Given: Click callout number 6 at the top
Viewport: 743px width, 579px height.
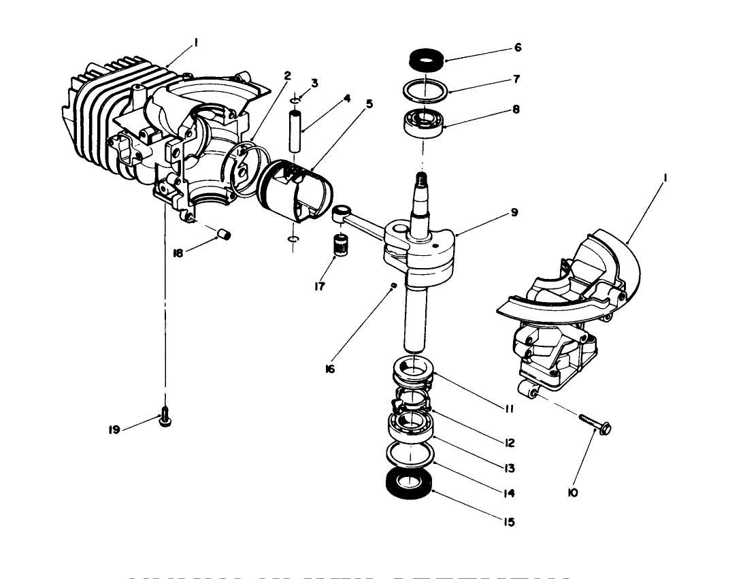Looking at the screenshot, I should [x=518, y=48].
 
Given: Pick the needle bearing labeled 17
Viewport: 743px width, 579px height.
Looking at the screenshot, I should [x=340, y=244].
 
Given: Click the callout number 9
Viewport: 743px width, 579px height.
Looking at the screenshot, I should [x=514, y=213].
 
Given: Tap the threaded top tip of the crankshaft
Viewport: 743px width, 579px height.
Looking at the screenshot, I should [x=421, y=180].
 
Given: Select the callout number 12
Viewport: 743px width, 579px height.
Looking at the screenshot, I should [x=510, y=443].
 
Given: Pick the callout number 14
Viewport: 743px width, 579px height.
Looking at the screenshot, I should [x=509, y=494].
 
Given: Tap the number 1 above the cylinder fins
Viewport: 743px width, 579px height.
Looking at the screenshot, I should [x=196, y=42].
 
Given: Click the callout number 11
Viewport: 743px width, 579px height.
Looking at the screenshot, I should [x=509, y=409].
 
